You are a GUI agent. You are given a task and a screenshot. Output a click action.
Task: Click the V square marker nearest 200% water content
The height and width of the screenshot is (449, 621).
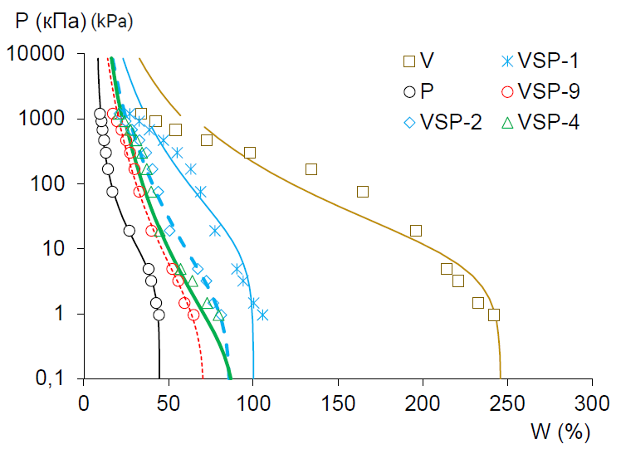[x=416, y=231]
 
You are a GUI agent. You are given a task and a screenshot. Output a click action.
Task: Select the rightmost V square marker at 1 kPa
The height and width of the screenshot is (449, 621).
[x=494, y=315]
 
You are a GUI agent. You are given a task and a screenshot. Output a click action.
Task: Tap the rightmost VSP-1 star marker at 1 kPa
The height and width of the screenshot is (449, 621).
[x=262, y=315]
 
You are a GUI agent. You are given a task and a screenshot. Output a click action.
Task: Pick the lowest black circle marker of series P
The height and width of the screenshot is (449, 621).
[x=159, y=315]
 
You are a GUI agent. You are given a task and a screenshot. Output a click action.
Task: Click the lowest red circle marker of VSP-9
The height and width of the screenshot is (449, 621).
[x=193, y=315]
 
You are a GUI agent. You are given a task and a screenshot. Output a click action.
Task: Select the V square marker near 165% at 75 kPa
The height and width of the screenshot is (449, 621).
[x=363, y=192]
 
